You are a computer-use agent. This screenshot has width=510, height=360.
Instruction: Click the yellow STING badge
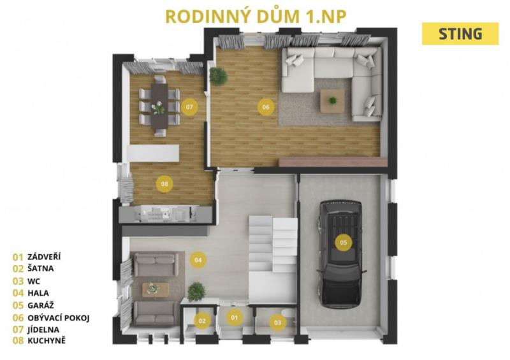(460, 34)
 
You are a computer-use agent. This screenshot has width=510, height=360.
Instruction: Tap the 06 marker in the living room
(266, 106)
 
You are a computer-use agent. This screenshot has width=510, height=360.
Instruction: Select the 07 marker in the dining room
(189, 106)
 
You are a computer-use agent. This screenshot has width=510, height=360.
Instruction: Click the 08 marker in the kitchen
(164, 184)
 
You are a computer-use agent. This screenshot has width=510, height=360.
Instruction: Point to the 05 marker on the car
(344, 242)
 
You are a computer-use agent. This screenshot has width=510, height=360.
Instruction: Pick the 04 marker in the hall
(198, 260)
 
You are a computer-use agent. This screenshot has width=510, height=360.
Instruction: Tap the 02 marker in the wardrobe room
(202, 321)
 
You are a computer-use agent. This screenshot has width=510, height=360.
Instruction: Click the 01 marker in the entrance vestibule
(235, 317)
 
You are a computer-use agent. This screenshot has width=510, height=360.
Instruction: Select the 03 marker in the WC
(277, 322)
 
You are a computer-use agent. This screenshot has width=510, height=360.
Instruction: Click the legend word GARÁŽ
(41, 305)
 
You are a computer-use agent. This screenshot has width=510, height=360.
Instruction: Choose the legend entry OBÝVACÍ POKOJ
(59, 318)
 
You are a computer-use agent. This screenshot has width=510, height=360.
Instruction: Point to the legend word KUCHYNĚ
(47, 340)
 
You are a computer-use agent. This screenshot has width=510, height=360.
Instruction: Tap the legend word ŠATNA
(41, 268)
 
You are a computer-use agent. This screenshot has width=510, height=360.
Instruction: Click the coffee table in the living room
(332, 101)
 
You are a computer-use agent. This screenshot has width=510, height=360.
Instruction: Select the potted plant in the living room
(218, 76)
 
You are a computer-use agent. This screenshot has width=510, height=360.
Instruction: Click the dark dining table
(159, 106)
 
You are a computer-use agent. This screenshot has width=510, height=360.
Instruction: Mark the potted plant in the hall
(196, 291)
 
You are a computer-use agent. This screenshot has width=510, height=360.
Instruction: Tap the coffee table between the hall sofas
(156, 289)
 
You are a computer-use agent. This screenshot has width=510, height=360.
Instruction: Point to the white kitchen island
(153, 153)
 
